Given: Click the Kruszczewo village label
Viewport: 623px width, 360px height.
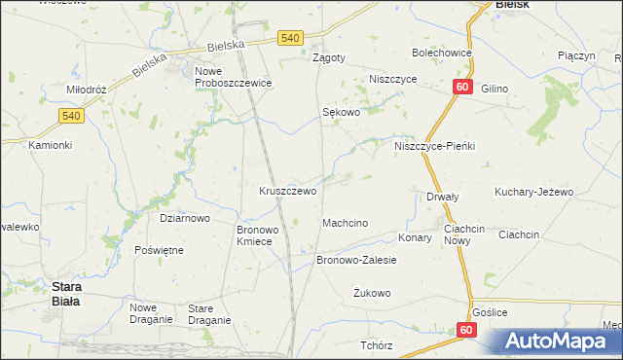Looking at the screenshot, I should coord(287,192).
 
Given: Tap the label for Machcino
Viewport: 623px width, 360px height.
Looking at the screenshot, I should coord(345,224).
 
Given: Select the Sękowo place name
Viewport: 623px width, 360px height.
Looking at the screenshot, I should coord(342,113).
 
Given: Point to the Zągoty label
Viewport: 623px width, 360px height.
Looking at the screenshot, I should coord(328,57).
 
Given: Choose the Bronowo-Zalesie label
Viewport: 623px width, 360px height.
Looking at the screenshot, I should coord(356,261).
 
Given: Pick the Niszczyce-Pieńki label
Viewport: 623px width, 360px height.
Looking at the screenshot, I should coord(434,146).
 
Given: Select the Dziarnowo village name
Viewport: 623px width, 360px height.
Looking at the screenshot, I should coord(185,219).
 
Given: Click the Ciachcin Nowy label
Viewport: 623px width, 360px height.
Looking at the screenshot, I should coord(464,234).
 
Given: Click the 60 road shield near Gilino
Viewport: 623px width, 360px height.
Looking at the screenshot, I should coord(462,89).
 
